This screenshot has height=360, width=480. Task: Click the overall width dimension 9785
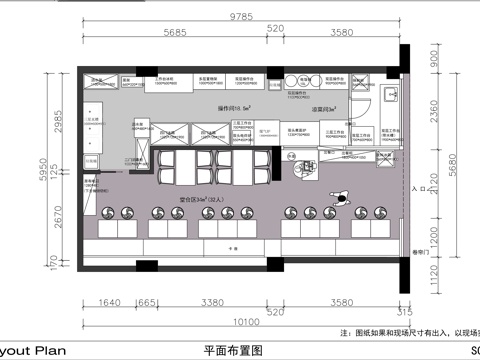(240, 17)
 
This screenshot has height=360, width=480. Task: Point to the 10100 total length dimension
(240, 323)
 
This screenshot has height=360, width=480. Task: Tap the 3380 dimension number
(212, 299)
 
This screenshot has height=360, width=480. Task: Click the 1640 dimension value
(112, 299)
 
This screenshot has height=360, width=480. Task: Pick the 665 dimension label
(146, 299)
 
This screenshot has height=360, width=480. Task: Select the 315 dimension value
(405, 309)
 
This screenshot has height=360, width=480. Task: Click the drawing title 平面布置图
(232, 351)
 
